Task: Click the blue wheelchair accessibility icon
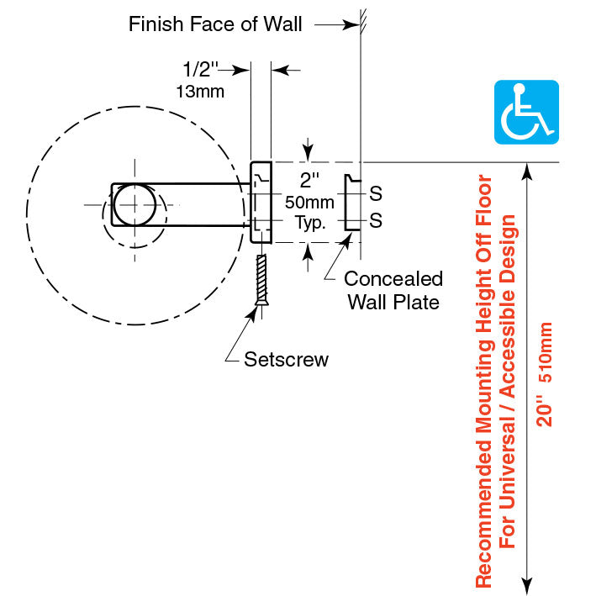[x=525, y=112]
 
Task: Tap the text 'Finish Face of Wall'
[x=214, y=24]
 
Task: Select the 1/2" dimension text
[x=200, y=70]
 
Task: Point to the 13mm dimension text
[x=200, y=91]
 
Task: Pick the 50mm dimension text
[x=310, y=203]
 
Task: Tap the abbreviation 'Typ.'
[x=310, y=223]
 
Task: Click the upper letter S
[x=376, y=194]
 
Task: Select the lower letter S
[x=376, y=221]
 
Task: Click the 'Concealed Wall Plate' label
[x=393, y=290]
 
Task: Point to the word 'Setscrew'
[x=286, y=360]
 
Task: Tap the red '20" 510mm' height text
[x=546, y=374]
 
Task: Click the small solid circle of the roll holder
[x=134, y=204]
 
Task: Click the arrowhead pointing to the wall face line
[x=351, y=25]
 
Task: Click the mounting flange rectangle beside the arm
[x=260, y=203]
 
